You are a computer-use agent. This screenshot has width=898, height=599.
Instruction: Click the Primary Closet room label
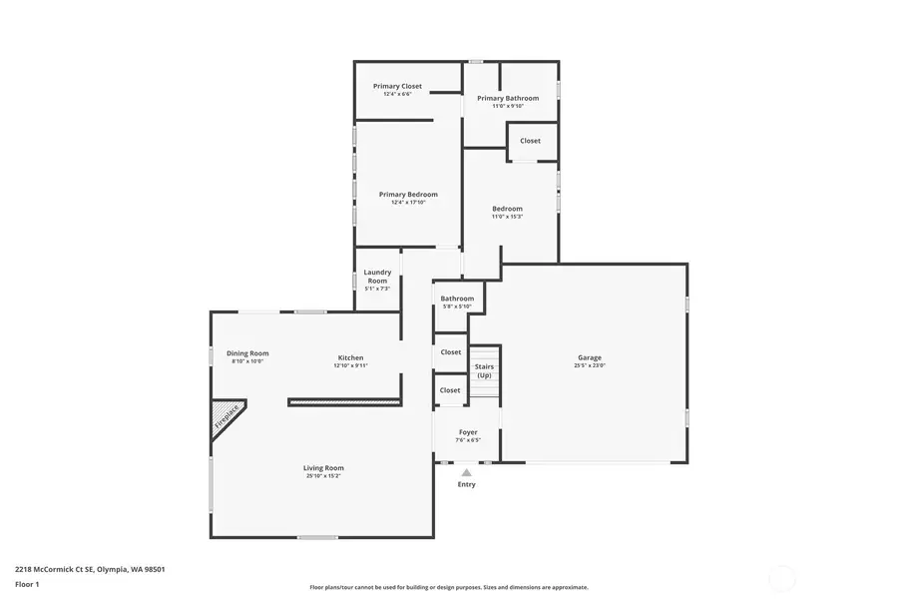[x=398, y=87]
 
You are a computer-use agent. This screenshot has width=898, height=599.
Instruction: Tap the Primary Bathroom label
[x=507, y=98]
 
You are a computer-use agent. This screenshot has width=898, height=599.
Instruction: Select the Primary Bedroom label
[x=408, y=195]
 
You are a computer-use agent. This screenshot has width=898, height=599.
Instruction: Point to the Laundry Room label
[x=377, y=276]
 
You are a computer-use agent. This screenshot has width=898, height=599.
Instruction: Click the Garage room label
[x=590, y=357]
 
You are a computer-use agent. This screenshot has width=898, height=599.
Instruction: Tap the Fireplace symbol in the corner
[x=226, y=417]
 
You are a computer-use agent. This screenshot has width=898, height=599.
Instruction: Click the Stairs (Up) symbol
[x=484, y=371]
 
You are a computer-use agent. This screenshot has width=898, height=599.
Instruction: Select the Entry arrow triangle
[x=466, y=472]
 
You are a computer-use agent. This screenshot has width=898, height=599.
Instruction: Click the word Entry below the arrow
[x=466, y=485]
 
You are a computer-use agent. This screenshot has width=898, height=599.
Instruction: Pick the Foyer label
[x=468, y=432]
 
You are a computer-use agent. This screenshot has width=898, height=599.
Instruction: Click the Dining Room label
[x=247, y=353]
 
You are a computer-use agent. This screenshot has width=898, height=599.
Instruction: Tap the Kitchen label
[x=350, y=357]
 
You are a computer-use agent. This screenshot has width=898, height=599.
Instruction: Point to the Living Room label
[x=323, y=467]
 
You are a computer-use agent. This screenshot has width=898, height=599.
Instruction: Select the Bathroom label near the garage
[x=457, y=299]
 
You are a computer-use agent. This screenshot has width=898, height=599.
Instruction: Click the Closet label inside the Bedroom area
[x=530, y=141]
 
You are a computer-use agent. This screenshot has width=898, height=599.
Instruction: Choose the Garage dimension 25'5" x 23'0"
[x=590, y=366]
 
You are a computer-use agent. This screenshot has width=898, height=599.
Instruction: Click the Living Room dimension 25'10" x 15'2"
[x=323, y=476]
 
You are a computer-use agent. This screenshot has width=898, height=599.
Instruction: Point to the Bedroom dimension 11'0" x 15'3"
[x=507, y=217]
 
